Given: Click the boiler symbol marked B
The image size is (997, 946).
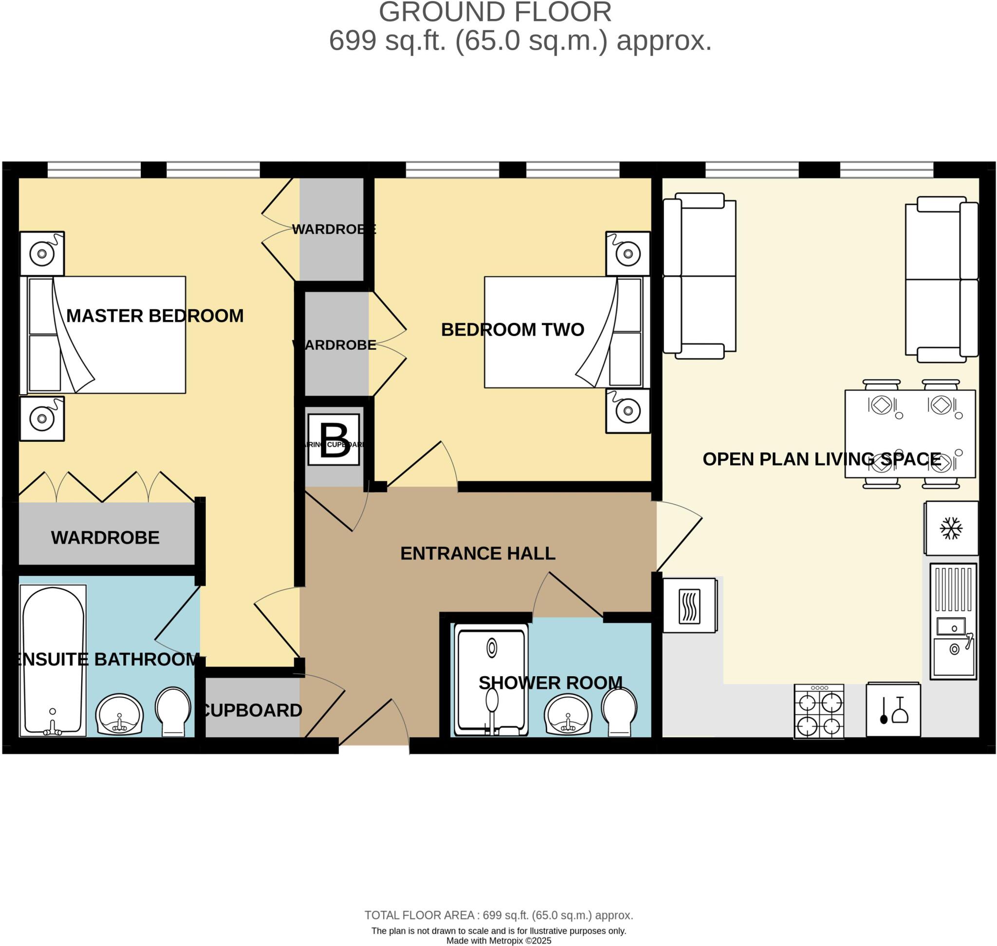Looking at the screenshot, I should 333,439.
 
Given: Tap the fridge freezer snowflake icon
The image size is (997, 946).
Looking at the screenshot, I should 951,528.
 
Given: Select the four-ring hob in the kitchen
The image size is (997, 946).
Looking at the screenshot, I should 818,712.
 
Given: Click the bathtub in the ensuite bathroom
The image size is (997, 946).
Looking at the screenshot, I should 53,661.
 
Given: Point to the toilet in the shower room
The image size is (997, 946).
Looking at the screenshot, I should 619,712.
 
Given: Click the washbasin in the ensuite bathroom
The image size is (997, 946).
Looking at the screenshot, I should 119,715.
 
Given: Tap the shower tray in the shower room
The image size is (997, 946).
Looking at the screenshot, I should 491,678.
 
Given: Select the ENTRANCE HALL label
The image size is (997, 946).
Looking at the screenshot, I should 478,554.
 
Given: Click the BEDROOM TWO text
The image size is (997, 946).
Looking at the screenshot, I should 512,330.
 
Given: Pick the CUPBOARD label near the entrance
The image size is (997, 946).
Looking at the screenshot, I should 252,711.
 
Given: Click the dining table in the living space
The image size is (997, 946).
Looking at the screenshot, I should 910,434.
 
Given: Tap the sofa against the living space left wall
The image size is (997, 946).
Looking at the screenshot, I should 699,276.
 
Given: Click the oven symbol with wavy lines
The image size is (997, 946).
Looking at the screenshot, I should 689,605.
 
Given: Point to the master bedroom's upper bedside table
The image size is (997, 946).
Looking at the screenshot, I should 42,253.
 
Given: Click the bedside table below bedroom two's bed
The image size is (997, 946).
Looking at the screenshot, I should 628,411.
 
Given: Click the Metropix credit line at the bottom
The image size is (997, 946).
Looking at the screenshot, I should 498,941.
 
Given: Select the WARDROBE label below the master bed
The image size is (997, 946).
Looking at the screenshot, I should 105,538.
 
